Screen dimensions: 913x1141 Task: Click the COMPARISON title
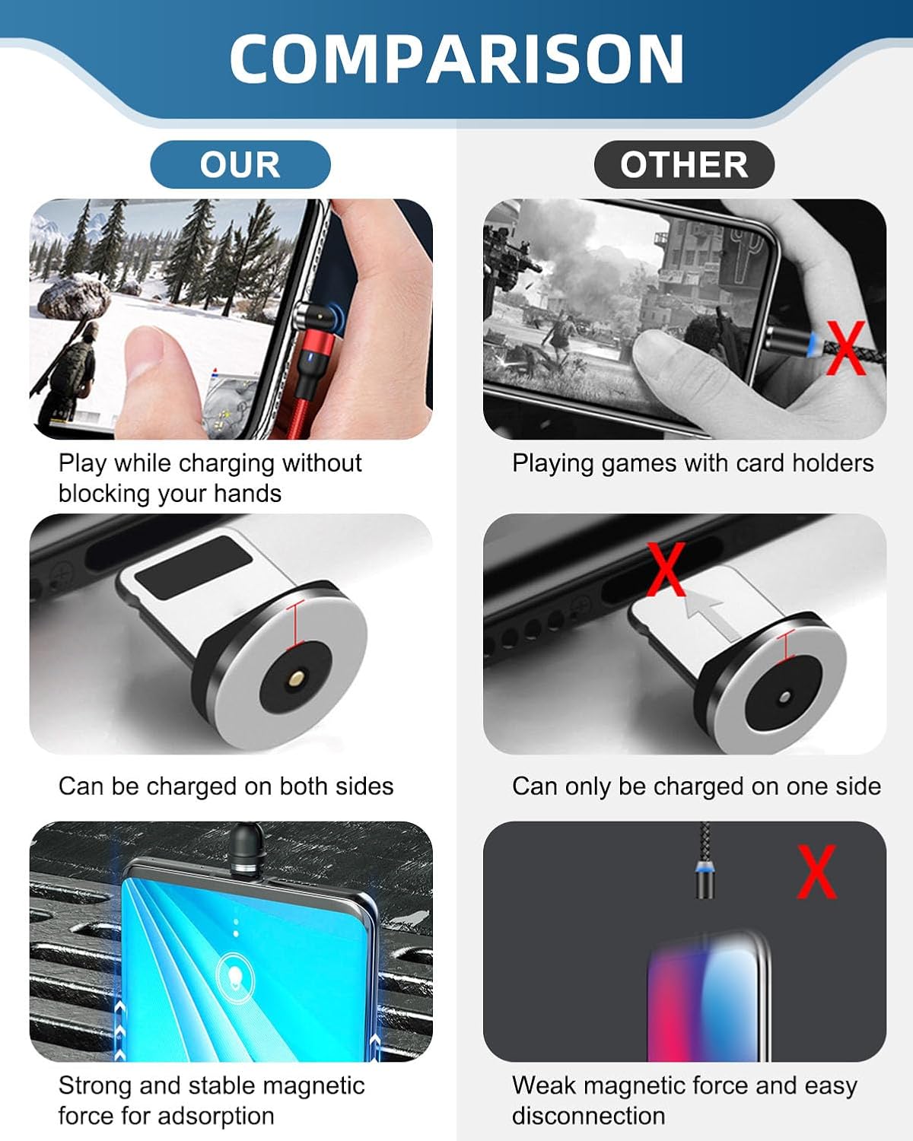(x=456, y=59)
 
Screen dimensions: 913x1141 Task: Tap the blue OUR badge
(x=240, y=164)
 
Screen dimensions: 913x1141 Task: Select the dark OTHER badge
(x=684, y=164)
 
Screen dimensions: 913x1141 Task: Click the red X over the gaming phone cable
(x=847, y=348)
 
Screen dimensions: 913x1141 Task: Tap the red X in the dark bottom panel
(x=817, y=872)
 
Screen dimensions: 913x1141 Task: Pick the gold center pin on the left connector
(x=296, y=677)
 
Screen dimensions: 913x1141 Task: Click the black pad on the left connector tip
(x=194, y=567)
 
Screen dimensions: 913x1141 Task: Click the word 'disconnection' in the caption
(x=588, y=1116)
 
